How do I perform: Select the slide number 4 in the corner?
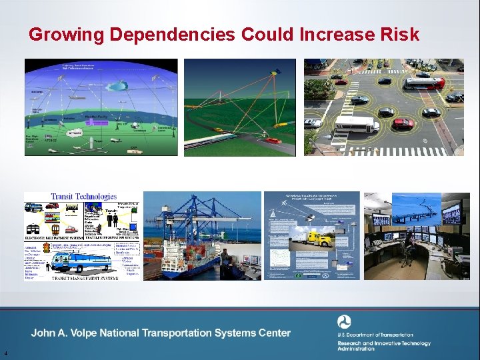click(x=5, y=353)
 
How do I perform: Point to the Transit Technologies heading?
click(x=83, y=197)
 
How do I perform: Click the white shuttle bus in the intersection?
click(x=355, y=125)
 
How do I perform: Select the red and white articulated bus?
click(x=424, y=83)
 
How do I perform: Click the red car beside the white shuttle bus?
click(x=403, y=124)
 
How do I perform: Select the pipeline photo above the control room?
click(x=417, y=207)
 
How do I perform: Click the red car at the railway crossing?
click(x=273, y=141)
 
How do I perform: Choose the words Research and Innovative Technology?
click(x=383, y=343)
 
